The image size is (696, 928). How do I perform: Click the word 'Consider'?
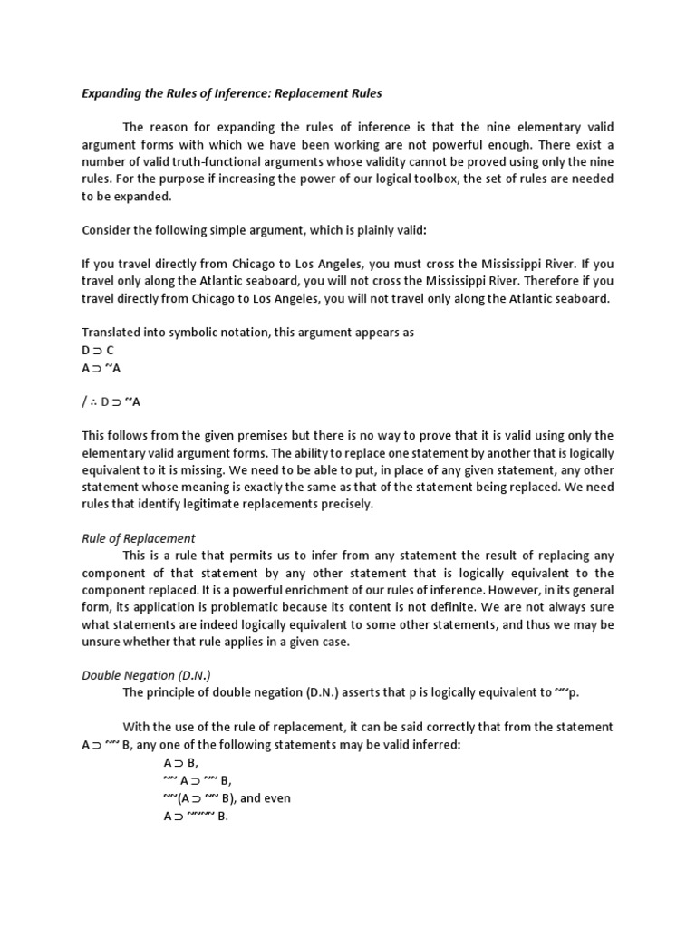coord(108,230)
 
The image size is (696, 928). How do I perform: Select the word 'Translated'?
coord(112,333)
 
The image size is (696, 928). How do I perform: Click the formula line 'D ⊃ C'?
coord(98,350)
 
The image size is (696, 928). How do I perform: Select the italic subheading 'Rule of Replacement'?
coord(139,538)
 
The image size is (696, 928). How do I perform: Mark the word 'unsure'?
coord(102,642)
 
